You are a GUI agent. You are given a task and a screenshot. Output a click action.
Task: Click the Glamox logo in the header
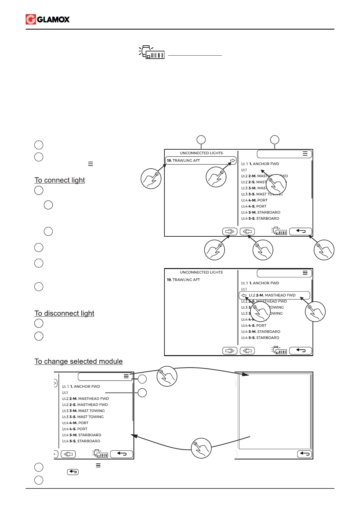[x=48, y=19]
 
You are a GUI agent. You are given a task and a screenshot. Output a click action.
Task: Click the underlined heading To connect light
[x=60, y=180]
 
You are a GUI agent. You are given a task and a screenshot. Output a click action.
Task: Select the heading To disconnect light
[x=64, y=313]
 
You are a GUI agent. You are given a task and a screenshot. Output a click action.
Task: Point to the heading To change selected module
[x=79, y=361]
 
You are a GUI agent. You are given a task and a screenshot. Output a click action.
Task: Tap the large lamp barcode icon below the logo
[x=152, y=53]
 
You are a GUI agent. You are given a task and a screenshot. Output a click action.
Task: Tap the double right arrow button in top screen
[x=230, y=232]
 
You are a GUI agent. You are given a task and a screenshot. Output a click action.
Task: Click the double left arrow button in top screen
[x=247, y=232]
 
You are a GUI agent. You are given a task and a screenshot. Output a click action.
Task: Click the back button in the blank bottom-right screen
[x=305, y=454]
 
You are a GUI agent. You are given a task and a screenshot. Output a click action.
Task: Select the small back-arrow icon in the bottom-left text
[x=73, y=472]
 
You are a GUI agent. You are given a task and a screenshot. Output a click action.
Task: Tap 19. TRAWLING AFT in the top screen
[x=183, y=160]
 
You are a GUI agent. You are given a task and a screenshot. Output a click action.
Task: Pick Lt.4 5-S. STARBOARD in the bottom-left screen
[x=81, y=441]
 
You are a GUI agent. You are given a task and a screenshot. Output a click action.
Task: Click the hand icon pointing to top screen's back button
[x=324, y=250]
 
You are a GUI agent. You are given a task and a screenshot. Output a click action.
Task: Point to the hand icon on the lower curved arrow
[x=201, y=448]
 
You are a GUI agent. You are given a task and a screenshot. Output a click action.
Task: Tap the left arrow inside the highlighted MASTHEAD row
[x=244, y=295]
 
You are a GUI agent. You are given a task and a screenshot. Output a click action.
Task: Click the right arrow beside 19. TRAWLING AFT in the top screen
[x=232, y=160]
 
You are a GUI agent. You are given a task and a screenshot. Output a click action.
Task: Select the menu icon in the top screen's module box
[x=305, y=154]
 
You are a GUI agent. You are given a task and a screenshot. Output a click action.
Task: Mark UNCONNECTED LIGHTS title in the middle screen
[x=201, y=272]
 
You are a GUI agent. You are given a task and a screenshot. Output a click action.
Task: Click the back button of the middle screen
[x=300, y=351]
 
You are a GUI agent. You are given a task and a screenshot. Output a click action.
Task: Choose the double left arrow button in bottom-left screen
[x=68, y=454]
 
